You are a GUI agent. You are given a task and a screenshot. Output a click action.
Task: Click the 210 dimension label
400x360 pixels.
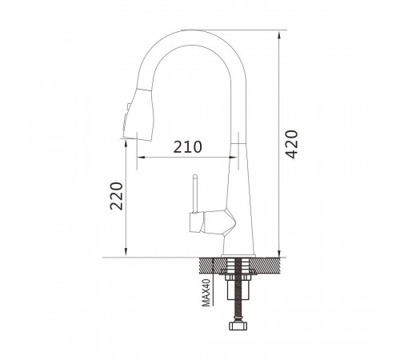tap(188, 147)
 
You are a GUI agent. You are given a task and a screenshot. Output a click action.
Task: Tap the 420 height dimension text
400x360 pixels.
tap(291, 144)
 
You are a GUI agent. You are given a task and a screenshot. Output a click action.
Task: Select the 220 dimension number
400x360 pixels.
tap(117, 196)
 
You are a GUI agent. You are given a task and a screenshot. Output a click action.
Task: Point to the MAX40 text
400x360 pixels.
tap(206, 293)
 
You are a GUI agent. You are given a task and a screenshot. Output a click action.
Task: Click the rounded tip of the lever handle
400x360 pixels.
tap(195, 176)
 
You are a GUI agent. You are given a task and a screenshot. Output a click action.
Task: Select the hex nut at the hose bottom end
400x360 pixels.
tap(238, 326)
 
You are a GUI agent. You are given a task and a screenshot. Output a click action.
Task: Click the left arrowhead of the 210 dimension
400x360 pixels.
tap(141, 158)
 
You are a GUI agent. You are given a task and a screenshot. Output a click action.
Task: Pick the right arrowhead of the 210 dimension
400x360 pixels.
tap(233, 158)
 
